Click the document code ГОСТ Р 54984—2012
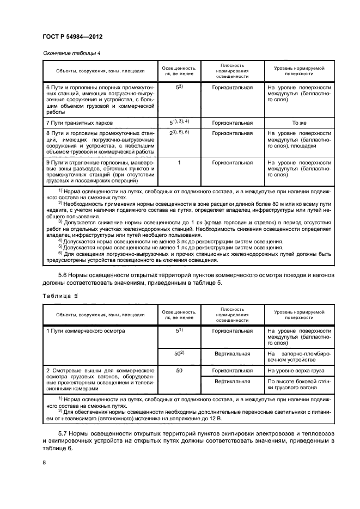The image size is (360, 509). coord(72,36)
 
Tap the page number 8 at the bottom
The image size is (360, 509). coord(44,463)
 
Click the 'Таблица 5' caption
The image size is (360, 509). coord(60,296)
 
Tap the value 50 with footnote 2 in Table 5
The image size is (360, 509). coord(178,354)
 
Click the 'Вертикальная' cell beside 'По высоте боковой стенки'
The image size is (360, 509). coord(232,382)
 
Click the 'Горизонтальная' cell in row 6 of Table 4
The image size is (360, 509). coord(232,87)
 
